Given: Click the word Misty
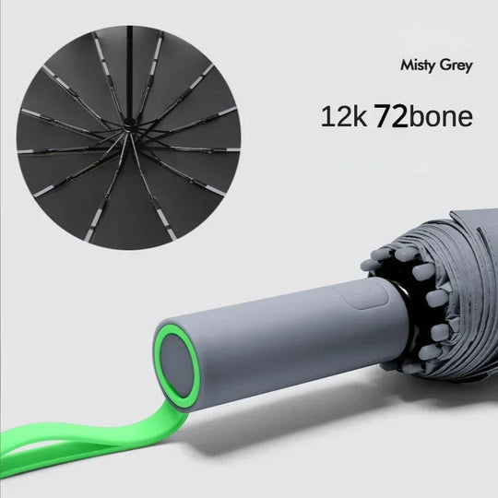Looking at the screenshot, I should click(416, 65).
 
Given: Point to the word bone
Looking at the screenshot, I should click(441, 117).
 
